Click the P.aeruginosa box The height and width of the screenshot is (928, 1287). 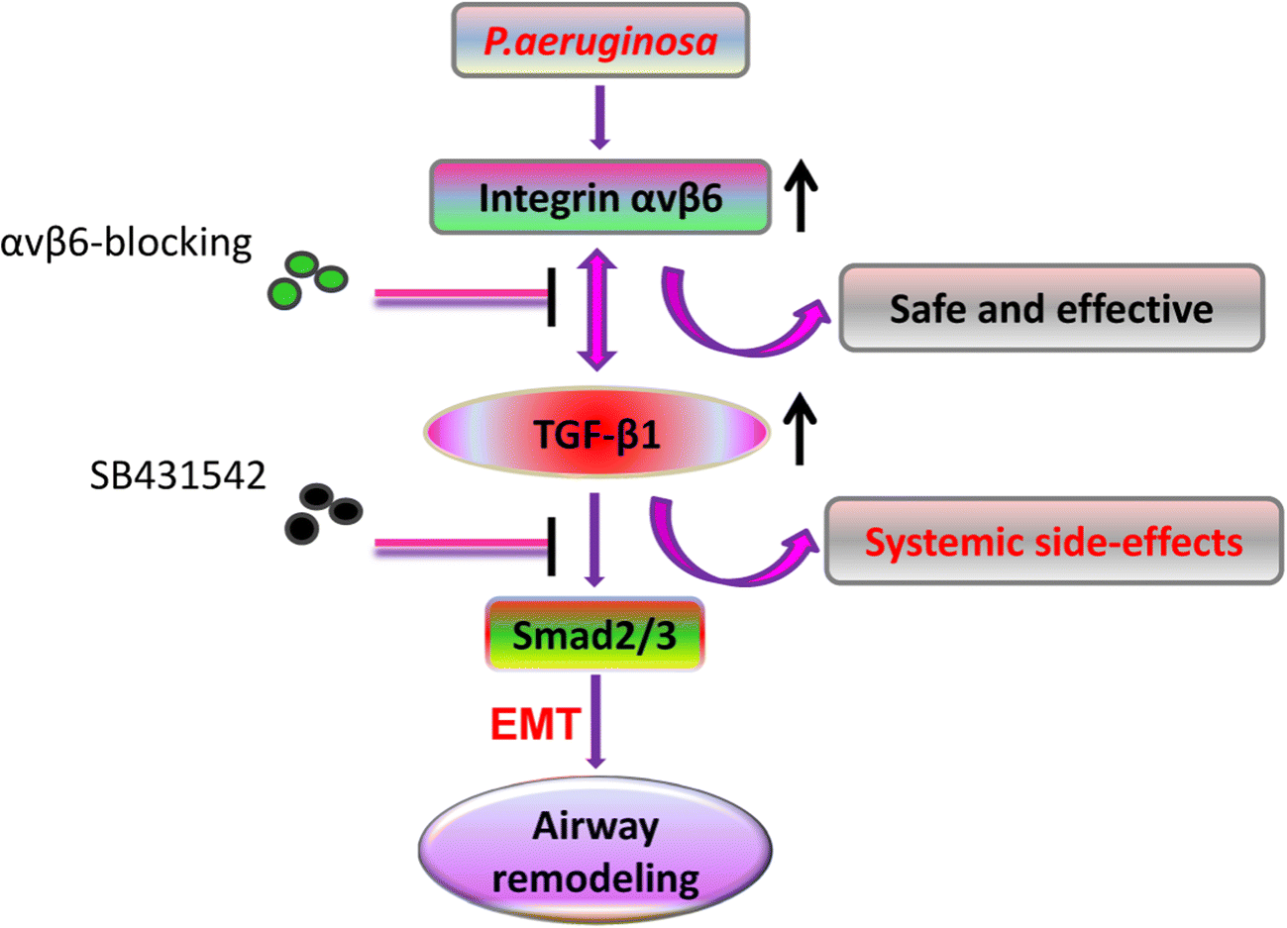click(x=599, y=41)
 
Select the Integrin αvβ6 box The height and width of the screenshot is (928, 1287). click(x=599, y=197)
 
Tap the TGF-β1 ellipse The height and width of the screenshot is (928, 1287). click(x=596, y=433)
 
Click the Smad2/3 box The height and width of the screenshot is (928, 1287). click(x=594, y=635)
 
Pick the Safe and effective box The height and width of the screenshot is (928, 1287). click(x=1051, y=308)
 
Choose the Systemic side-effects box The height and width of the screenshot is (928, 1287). click(x=1053, y=541)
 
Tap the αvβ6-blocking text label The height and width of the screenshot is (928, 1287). click(x=126, y=243)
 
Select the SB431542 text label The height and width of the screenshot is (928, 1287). click(x=177, y=475)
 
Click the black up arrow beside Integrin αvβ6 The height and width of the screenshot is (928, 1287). click(x=801, y=197)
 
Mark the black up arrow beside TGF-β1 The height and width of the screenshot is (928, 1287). click(x=801, y=428)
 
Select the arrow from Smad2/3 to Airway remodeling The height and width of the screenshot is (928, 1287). click(x=595, y=720)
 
